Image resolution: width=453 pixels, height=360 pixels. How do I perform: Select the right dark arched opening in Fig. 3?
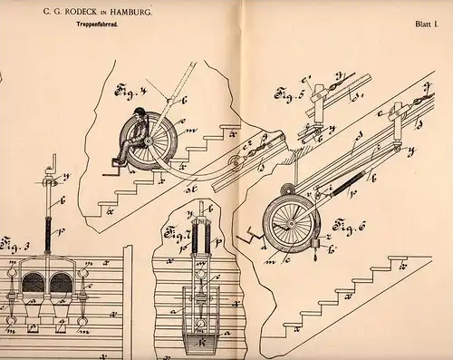click(61, 282)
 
